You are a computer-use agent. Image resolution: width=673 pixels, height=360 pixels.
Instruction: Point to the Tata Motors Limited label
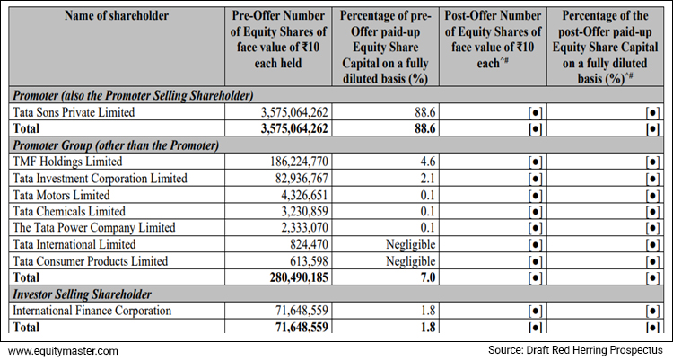click(x=62, y=195)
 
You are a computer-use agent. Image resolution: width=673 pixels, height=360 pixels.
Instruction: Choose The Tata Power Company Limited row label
click(x=94, y=228)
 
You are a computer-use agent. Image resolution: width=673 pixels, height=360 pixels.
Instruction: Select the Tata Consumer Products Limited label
click(x=91, y=260)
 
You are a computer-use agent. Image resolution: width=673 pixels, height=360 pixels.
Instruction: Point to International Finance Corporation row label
click(x=92, y=311)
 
